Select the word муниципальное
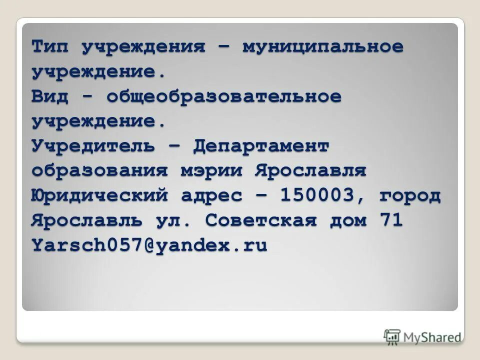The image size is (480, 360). click(x=323, y=47)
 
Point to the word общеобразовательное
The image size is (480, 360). click(x=223, y=97)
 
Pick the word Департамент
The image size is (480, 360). click(x=261, y=146)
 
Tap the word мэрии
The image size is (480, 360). click(x=211, y=171)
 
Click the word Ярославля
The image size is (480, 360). click(x=310, y=171)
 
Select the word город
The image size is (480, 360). click(x=410, y=195)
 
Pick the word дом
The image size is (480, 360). click(x=347, y=220)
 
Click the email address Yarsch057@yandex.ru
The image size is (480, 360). click(x=149, y=245)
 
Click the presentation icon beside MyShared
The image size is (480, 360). click(x=393, y=336)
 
